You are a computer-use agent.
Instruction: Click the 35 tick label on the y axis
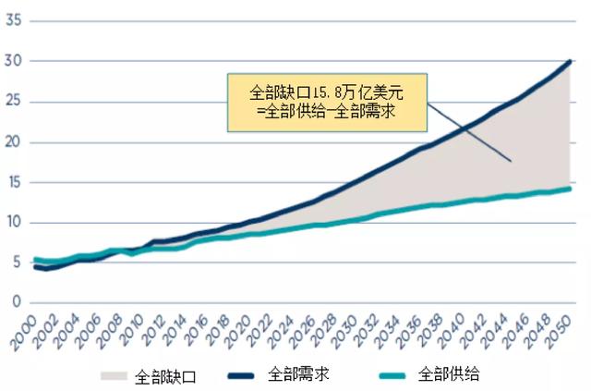point(14,20)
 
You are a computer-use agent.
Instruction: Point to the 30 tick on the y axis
point(14,61)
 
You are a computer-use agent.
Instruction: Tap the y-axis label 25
point(14,102)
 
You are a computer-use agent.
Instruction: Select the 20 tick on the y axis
point(14,141)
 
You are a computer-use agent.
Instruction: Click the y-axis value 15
point(14,182)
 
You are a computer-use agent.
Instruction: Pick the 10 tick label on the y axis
point(14,222)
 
